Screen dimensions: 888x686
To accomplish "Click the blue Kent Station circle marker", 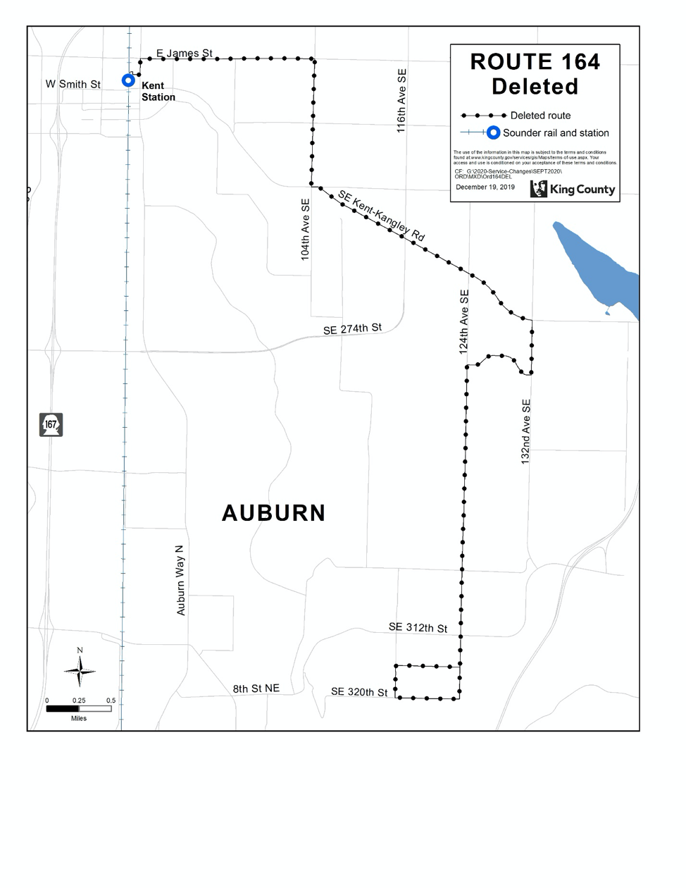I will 128,80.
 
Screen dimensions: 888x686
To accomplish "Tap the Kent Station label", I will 158,92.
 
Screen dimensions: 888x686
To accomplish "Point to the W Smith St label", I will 73,84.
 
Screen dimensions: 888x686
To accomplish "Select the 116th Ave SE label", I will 401,101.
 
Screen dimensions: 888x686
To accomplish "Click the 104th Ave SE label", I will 306,229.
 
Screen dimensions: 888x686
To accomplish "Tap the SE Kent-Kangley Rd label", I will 381,216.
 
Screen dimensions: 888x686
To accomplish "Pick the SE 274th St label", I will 352,328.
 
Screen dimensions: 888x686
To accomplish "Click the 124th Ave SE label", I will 464,321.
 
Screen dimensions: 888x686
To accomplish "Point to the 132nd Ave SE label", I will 526,431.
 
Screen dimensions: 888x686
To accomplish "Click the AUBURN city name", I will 274,513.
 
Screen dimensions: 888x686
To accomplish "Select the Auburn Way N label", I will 181,580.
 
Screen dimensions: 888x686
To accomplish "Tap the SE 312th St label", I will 418,627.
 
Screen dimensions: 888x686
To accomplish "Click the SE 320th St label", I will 359,692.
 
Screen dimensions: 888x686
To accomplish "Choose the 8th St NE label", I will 256,688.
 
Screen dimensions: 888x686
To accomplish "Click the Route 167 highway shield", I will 51,424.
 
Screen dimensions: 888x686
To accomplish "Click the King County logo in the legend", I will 572,189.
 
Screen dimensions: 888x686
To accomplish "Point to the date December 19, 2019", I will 485,187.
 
